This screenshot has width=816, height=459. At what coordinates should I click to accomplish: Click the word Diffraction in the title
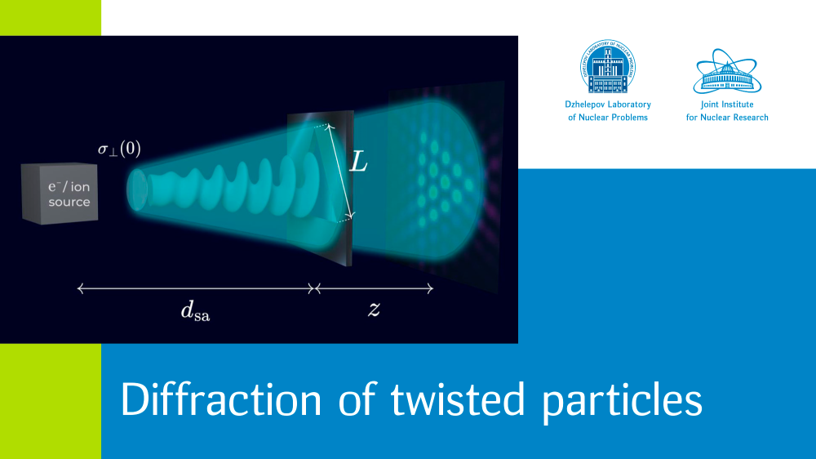pyautogui.click(x=221, y=399)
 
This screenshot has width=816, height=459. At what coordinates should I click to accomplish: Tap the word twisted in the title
pyautogui.click(x=458, y=399)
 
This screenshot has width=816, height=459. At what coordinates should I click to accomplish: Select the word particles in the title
pyautogui.click(x=623, y=402)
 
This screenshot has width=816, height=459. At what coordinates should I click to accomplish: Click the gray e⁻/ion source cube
pyautogui.click(x=60, y=194)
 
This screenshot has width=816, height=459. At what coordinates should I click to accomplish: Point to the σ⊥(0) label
pyautogui.click(x=119, y=149)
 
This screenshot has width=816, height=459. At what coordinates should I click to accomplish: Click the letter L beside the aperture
pyautogui.click(x=358, y=162)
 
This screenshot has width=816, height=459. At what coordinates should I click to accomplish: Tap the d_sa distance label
pyautogui.click(x=195, y=310)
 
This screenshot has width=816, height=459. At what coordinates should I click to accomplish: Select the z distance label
pyautogui.click(x=374, y=309)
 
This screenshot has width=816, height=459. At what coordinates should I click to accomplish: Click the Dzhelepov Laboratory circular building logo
pyautogui.click(x=608, y=67)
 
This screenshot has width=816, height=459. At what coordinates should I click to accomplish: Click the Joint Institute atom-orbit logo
pyautogui.click(x=727, y=71)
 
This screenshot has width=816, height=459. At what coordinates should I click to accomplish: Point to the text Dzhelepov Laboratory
pyautogui.click(x=608, y=105)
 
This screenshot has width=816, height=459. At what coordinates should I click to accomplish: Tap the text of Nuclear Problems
pyautogui.click(x=608, y=118)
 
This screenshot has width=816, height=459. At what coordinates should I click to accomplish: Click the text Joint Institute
pyautogui.click(x=727, y=105)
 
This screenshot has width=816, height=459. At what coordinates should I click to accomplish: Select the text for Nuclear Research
pyautogui.click(x=727, y=118)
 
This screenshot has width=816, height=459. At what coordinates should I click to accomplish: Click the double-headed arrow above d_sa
pyautogui.click(x=196, y=288)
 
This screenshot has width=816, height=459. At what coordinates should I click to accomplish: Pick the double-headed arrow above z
pyautogui.click(x=375, y=288)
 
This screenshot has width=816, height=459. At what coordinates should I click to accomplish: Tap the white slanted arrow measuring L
pyautogui.click(x=340, y=171)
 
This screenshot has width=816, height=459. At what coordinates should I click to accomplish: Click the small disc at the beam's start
pyautogui.click(x=137, y=190)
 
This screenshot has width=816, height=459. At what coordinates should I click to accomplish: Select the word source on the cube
pyautogui.click(x=69, y=202)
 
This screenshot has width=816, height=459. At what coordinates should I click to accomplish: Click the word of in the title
pyautogui.click(x=357, y=399)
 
